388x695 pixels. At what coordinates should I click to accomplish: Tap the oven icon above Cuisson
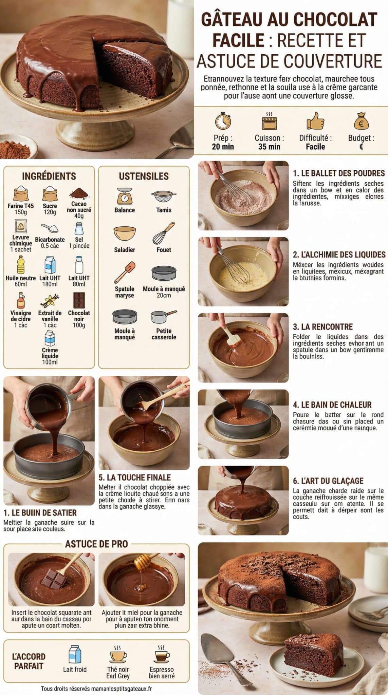click(x=269, y=121)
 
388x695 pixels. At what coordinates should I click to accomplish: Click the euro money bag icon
click(x=361, y=121)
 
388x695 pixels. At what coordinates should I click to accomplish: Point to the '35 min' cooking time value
click(x=269, y=147)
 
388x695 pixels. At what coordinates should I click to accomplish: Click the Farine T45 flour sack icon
click(x=20, y=193)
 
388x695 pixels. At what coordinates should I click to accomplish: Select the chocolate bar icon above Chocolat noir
click(x=79, y=300)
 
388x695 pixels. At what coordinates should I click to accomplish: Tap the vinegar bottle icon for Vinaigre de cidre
click(x=21, y=300)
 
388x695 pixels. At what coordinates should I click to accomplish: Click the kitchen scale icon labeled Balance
click(x=125, y=196)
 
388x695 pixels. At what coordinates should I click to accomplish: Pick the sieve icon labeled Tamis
click(x=164, y=196)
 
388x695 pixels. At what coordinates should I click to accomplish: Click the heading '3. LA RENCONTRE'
click(x=323, y=327)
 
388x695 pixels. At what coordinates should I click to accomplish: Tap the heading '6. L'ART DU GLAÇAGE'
click(x=328, y=481)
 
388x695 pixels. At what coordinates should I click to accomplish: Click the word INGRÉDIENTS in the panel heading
click(x=49, y=176)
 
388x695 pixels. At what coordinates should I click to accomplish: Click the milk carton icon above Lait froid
click(x=75, y=654)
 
